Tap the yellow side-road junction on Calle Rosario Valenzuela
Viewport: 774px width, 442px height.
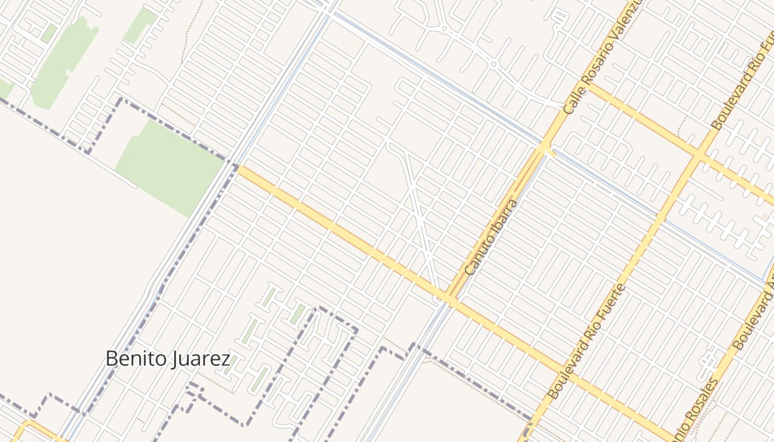tap(590, 85)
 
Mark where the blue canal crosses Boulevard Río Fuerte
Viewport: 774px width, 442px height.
tap(658, 215)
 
